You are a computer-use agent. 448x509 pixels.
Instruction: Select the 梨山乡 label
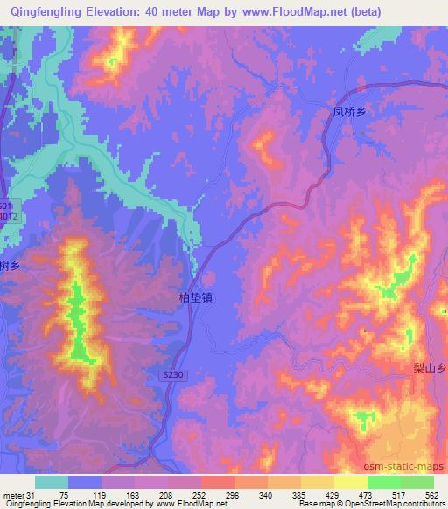(x=430, y=369)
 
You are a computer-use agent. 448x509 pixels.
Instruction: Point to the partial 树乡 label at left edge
(x=9, y=265)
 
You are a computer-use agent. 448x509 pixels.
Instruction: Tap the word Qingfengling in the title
(x=46, y=12)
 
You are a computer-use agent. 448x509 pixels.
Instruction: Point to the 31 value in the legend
(x=33, y=493)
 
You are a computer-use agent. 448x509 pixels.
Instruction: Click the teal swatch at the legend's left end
(x=50, y=482)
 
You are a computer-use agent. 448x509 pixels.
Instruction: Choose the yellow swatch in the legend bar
(x=317, y=482)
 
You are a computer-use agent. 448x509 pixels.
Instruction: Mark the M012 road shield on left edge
(x=7, y=213)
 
